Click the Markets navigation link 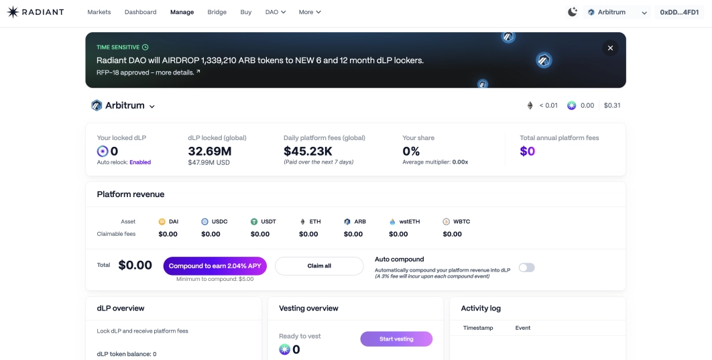click(99, 12)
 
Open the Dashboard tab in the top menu click(140, 12)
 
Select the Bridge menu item click(217, 12)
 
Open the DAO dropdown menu click(276, 12)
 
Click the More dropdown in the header click(310, 12)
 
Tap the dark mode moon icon click(572, 12)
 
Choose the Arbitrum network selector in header click(617, 12)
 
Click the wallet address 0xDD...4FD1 click(680, 12)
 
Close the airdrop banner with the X click(610, 48)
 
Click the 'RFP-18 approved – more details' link click(148, 72)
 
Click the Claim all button click(319, 266)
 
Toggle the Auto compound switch click(527, 267)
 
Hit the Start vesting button click(396, 339)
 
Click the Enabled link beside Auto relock click(140, 162)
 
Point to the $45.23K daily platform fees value click(308, 152)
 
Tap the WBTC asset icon click(446, 221)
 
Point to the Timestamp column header click(478, 328)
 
